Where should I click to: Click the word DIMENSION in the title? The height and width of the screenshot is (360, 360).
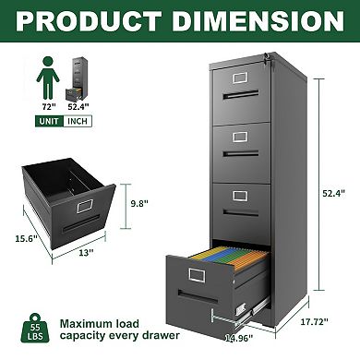tap(261, 20)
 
